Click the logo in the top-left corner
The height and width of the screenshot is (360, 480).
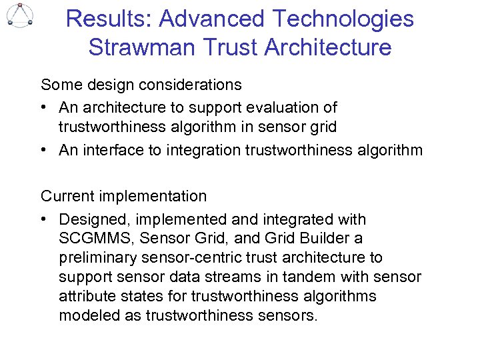(x=20, y=15)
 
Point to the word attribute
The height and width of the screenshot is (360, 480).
(x=85, y=296)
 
